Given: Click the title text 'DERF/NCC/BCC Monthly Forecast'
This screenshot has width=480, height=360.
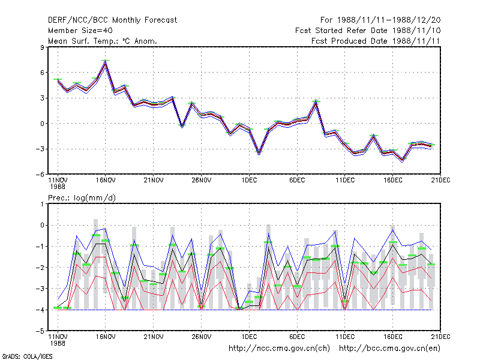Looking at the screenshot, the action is click(112, 20).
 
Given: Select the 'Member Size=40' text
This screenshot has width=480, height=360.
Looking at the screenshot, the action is click(80, 31).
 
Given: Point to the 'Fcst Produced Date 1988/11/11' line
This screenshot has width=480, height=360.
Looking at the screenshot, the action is click(376, 41).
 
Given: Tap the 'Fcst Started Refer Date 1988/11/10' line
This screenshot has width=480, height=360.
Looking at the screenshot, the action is click(368, 31).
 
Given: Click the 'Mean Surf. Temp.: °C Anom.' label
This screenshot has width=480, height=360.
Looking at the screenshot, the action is click(102, 41).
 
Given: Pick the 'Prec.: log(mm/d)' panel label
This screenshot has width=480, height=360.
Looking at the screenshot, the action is click(82, 198).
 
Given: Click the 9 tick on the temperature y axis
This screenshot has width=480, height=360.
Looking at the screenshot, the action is click(42, 47).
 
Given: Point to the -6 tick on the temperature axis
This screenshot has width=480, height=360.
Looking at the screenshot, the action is click(40, 175).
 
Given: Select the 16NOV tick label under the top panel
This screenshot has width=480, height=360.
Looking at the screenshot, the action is click(106, 181).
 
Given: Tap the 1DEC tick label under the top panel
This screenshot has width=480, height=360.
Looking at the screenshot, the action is click(249, 181).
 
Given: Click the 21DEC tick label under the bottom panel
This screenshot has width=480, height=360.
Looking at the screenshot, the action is click(440, 337).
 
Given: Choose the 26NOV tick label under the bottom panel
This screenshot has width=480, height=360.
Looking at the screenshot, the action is click(201, 337).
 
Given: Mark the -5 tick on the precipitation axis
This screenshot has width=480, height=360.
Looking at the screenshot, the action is click(40, 331).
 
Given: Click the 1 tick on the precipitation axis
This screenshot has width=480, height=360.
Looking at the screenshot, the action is click(42, 204).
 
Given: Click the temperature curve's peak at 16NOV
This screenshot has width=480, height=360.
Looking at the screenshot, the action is click(106, 62).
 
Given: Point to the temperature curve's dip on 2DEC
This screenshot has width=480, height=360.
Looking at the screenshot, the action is click(259, 152).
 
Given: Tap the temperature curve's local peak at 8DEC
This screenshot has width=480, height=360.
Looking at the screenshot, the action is click(316, 103).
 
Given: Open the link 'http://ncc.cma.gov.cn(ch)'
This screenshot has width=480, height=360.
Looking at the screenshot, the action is click(279, 349).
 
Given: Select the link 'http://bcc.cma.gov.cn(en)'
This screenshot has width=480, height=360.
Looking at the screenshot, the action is click(389, 349).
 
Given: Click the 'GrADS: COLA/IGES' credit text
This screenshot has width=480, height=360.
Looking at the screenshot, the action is click(27, 356).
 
